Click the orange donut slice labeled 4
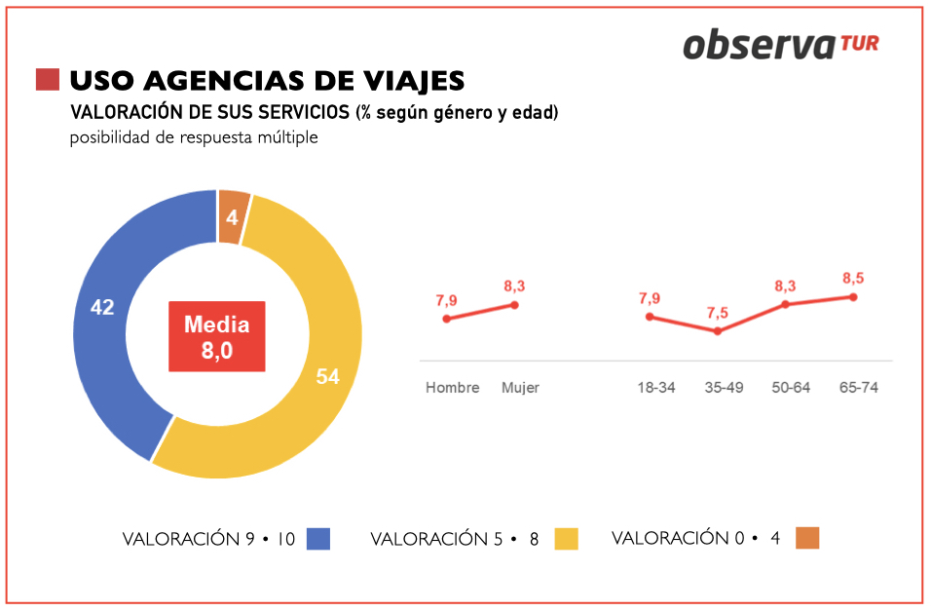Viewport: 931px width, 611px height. (x=233, y=211)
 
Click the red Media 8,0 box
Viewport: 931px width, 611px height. (x=216, y=337)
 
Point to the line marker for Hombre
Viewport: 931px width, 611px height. (x=447, y=319)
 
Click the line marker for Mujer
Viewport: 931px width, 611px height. (x=514, y=305)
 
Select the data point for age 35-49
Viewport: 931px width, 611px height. (x=718, y=331)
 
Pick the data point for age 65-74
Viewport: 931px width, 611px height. (x=853, y=297)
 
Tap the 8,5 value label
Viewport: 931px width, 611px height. (x=853, y=278)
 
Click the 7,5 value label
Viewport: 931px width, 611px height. (x=718, y=313)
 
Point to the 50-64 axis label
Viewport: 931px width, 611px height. (x=792, y=388)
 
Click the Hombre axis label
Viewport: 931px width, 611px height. (x=453, y=388)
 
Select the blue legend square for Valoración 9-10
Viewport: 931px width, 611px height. (x=318, y=539)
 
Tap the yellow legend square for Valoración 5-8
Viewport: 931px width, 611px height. (x=566, y=539)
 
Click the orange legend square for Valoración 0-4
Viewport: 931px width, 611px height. (x=807, y=538)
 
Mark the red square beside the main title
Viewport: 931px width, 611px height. (x=47, y=80)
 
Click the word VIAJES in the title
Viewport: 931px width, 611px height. (x=407, y=80)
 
